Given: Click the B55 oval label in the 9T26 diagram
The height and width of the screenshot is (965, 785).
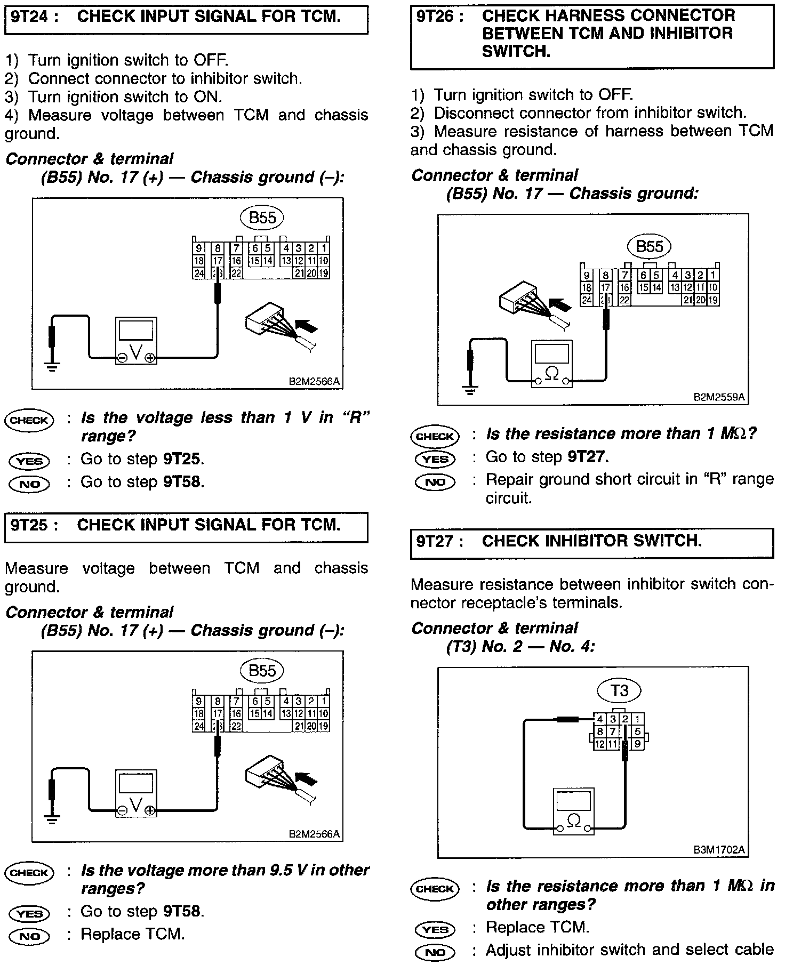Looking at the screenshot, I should pos(649,246).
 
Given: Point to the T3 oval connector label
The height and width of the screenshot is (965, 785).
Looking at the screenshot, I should pos(619,691).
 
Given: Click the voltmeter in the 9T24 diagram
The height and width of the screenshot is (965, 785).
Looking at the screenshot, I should pos(136,341).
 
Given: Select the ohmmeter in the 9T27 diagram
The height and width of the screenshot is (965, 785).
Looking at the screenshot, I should pos(573,811).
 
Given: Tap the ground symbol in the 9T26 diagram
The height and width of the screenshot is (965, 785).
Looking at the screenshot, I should pos(469,391).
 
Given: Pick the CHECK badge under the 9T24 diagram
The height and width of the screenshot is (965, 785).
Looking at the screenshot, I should pos(29,420).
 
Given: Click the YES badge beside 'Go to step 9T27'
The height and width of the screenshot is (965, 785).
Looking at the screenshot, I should pos(435,459).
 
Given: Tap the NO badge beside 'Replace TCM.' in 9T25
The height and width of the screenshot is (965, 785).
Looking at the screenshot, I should pos(29,936).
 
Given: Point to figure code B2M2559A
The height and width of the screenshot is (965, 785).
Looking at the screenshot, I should pos(719,397).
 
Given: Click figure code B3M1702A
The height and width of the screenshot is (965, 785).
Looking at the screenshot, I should pos(719,850).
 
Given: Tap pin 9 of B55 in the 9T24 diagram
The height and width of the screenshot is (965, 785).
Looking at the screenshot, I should pos(198,248).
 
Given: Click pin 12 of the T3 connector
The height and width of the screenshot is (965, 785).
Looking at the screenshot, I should pos(600,744).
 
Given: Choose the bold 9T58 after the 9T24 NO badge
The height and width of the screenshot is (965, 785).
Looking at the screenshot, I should pos(182,482).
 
